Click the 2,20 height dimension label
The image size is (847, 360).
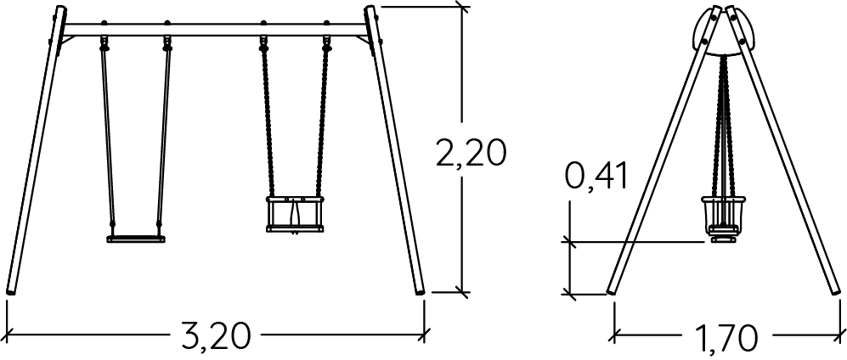pyautogui.click(x=471, y=154)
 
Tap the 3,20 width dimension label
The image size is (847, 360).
pyautogui.click(x=216, y=336)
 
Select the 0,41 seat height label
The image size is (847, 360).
pyautogui.click(x=596, y=176)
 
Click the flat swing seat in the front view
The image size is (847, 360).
pyautogui.click(x=136, y=239)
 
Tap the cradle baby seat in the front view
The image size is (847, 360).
pyautogui.click(x=295, y=214)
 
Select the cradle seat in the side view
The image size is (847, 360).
pyautogui.click(x=723, y=219)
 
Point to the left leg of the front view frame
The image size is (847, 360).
pyautogui.click(x=35, y=150)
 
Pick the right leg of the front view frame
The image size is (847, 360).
pyautogui.click(x=394, y=150)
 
